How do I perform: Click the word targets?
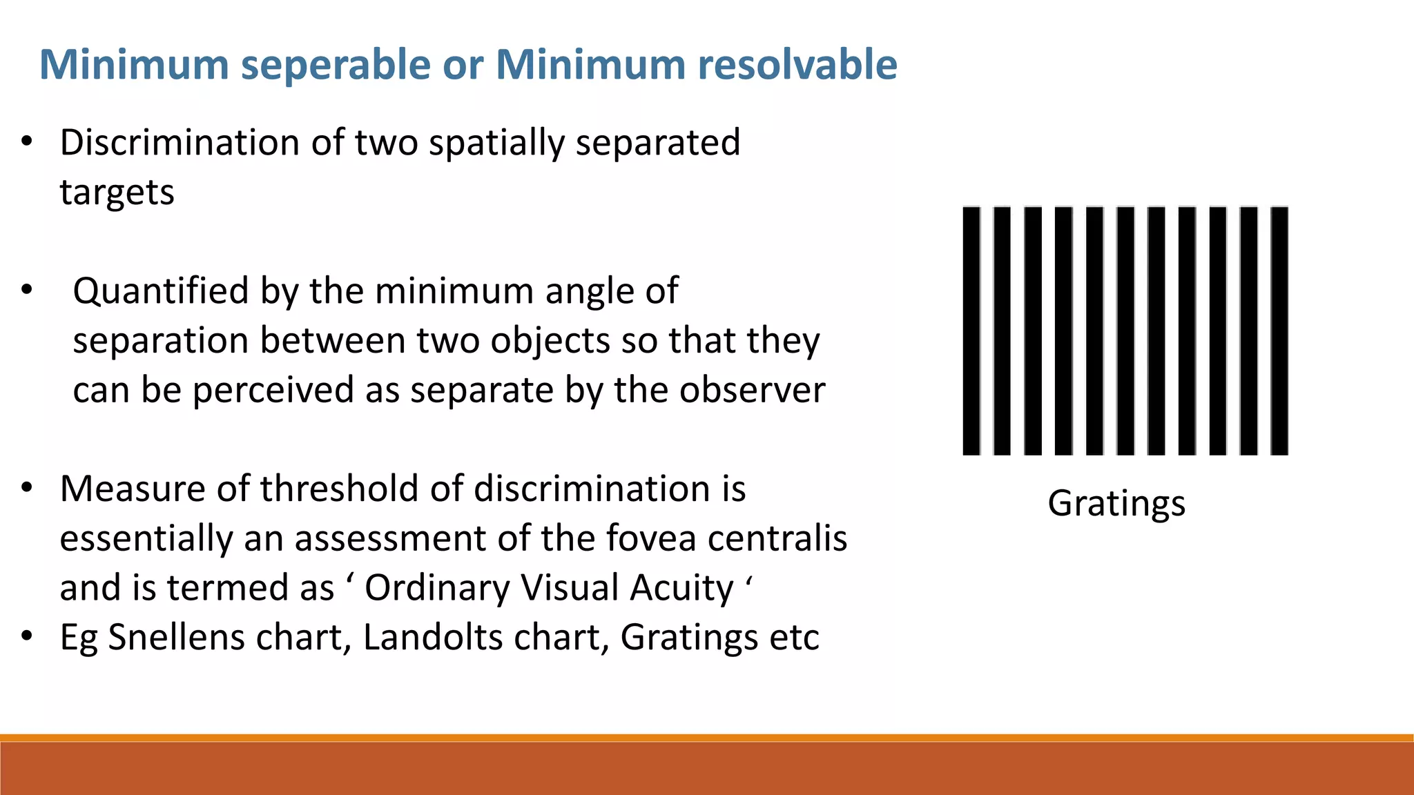click(x=117, y=193)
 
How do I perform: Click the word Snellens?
click(x=176, y=637)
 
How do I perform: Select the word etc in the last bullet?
click(x=794, y=637)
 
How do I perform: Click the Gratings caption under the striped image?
click(x=1116, y=504)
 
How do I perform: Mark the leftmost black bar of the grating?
click(x=971, y=331)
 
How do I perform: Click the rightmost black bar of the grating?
click(x=1279, y=331)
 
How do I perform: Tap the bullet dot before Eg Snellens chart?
click(x=27, y=636)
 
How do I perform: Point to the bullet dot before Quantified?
click(x=27, y=290)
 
